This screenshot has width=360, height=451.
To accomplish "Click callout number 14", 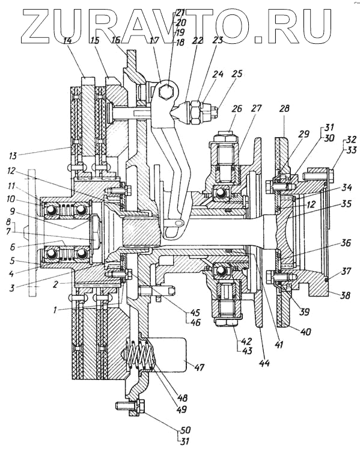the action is tap(67, 41).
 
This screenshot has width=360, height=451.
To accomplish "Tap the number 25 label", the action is tap(237, 74).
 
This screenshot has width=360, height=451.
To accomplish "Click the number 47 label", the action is tap(199, 367).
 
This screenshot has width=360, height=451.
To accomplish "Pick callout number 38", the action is tap(344, 295).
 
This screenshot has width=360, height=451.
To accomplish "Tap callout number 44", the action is tap(264, 364).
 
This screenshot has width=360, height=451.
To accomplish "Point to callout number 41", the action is tap(279, 344).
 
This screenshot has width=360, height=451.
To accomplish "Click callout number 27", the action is tap(256, 109).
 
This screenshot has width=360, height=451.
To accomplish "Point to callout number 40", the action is tap(305, 331).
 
